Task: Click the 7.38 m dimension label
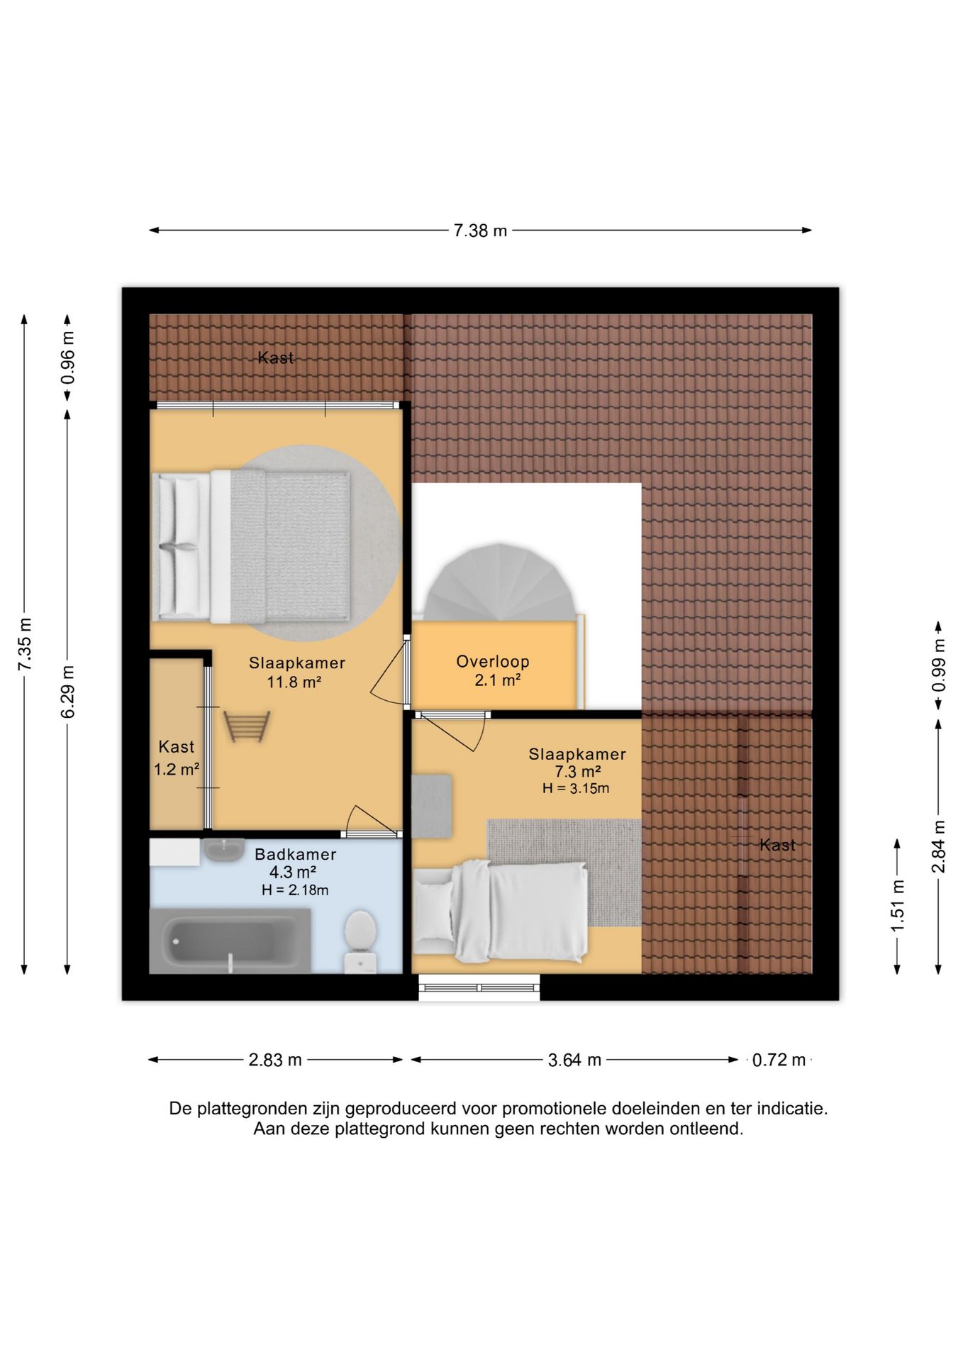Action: [x=480, y=231]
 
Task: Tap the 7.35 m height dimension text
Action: [x=26, y=644]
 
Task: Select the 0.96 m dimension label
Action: [x=68, y=358]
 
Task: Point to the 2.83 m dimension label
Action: [x=275, y=1060]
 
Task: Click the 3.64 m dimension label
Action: [x=574, y=1060]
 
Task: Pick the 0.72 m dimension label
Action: [x=779, y=1060]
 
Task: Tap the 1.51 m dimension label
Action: [x=898, y=906]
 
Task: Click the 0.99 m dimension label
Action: [x=939, y=665]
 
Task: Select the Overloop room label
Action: [x=493, y=662]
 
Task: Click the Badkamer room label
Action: [x=296, y=855]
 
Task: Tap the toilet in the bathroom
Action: [x=360, y=941]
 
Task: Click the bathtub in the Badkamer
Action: [x=230, y=941]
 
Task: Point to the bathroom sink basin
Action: [x=223, y=849]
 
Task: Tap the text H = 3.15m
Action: [x=576, y=788]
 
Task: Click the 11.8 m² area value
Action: [x=294, y=682]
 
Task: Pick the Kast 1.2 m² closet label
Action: [x=177, y=758]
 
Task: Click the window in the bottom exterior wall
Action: [x=479, y=987]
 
